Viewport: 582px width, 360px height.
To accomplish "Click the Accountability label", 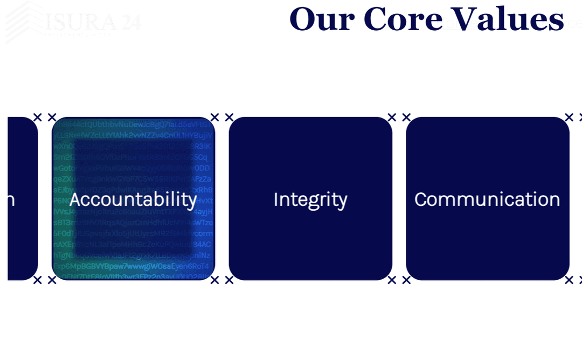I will (133, 199).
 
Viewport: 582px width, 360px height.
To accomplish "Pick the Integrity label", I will (310, 200).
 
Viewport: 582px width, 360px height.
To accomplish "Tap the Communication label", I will (487, 199).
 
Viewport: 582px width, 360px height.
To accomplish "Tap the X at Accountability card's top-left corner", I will (52, 117).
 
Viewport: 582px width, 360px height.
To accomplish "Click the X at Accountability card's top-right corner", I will (214, 117).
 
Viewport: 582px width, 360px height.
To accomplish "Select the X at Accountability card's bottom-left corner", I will (52, 280).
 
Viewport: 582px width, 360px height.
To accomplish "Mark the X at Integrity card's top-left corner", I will (229, 117).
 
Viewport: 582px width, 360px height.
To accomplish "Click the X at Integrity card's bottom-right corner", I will (392, 280).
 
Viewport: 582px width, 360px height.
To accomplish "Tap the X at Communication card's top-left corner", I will (406, 117).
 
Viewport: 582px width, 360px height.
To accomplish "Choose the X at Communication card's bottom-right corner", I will (569, 280).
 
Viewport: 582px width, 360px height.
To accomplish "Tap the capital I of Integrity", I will (276, 199).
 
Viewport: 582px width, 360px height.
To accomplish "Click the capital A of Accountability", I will (75, 199).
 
